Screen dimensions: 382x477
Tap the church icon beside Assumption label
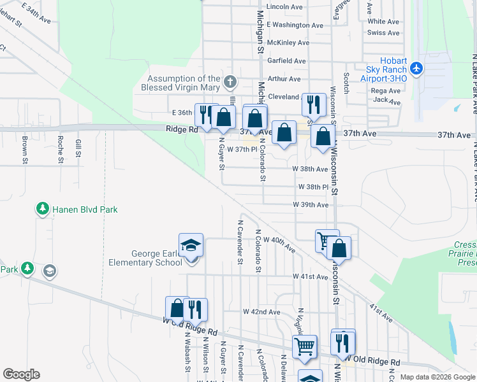coord(230,82)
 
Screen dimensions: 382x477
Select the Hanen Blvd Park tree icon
coord(43,209)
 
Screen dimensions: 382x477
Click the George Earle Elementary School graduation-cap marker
coord(191,245)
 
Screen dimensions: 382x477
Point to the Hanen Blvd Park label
coord(85,209)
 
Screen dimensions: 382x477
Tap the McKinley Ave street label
coord(288,43)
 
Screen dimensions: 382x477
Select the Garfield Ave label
coord(287,61)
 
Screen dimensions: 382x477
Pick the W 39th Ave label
coord(311,205)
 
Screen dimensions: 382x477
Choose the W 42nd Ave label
coord(261,312)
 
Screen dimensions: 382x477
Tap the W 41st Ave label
coord(310,277)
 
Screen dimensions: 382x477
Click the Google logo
coord(21,374)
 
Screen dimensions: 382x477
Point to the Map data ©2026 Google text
coord(437,377)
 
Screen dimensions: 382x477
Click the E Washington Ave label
coord(295,25)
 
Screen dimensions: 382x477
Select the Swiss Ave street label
coord(384,32)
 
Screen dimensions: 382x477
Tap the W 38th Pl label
coord(313,187)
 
